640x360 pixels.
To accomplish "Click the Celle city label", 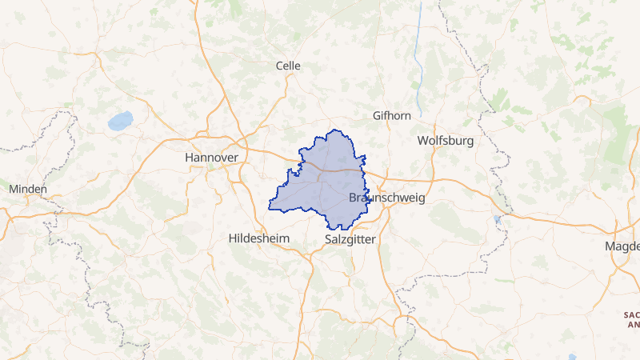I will [287, 66].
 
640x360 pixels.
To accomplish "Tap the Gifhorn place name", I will [392, 116].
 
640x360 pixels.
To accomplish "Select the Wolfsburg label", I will [446, 141].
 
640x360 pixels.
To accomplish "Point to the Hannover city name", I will [211, 158].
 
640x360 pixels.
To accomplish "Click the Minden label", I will [28, 189].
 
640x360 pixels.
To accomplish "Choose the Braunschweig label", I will [388, 198].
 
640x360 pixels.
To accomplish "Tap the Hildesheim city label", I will [260, 238].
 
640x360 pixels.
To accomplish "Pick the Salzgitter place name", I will [351, 239].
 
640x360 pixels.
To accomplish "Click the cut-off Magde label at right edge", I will [623, 246].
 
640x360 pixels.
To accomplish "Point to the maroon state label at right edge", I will [632, 320].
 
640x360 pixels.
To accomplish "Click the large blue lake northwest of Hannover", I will [120, 121].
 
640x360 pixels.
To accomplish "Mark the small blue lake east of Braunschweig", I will [498, 219].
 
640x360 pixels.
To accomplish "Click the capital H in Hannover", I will [189, 158].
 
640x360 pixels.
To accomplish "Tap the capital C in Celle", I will [278, 66].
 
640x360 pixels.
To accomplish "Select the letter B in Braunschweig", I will [354, 198].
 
